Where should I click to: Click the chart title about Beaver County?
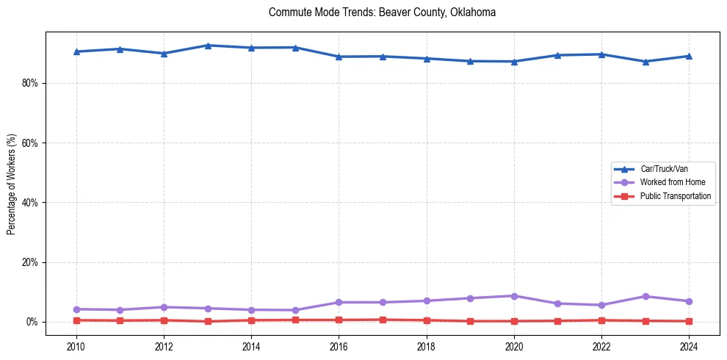(382, 12)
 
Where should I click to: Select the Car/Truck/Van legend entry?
(664, 169)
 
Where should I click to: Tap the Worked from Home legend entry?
(672, 182)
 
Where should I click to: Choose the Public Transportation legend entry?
(676, 196)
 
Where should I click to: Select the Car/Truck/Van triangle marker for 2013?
(208, 46)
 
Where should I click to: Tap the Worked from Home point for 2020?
(514, 296)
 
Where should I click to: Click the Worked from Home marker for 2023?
(645, 297)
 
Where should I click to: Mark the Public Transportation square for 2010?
(76, 320)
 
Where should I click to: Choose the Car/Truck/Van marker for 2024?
(689, 56)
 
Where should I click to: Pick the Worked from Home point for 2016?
(339, 302)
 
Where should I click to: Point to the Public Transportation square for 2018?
(427, 320)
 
